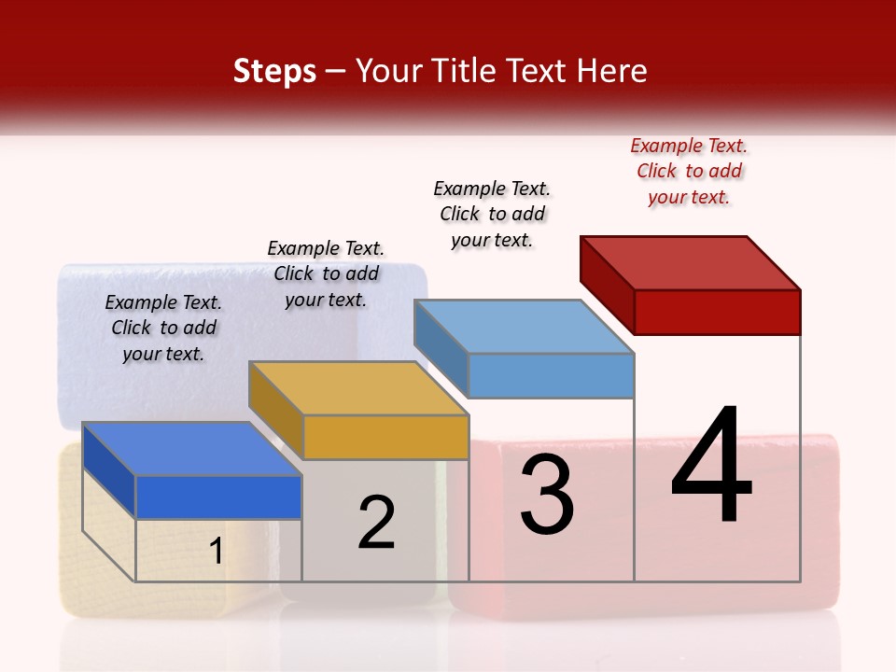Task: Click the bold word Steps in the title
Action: click(274, 71)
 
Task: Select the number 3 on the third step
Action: click(547, 495)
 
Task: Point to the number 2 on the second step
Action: click(377, 522)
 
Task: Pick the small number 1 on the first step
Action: click(216, 551)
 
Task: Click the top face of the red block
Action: click(691, 262)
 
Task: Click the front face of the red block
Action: click(717, 312)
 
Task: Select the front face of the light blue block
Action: click(551, 375)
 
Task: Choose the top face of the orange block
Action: click(358, 388)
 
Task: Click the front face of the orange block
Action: click(385, 437)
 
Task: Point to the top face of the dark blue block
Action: click(192, 449)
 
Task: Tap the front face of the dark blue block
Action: click(218, 497)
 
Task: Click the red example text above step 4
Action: click(689, 171)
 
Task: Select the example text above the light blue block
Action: click(492, 214)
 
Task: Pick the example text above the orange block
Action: click(326, 273)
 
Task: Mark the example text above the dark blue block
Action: click(163, 328)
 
